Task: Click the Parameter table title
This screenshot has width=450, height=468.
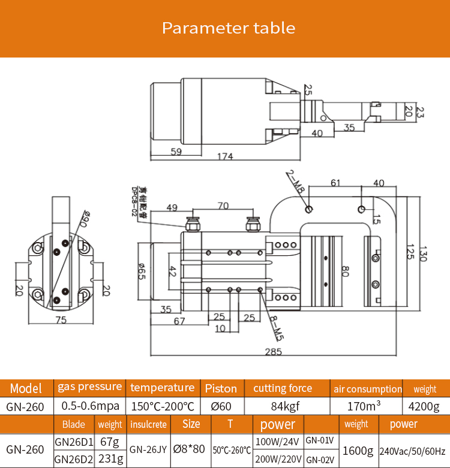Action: click(229, 28)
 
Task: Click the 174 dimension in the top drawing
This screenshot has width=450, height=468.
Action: click(225, 156)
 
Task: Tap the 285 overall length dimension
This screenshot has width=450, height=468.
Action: click(273, 352)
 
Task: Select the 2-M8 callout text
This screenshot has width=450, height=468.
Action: click(295, 182)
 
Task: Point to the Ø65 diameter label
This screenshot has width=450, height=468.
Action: click(142, 273)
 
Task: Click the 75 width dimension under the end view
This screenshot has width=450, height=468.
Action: click(61, 321)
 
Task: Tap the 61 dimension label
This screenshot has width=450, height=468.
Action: click(335, 183)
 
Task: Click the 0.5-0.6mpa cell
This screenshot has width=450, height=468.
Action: click(90, 406)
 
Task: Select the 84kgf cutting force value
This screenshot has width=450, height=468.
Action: click(283, 406)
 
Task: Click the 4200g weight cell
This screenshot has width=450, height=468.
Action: click(424, 406)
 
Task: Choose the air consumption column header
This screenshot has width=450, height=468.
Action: click(367, 389)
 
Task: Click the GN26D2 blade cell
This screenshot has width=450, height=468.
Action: click(73, 459)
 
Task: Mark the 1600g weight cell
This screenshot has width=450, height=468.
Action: click(358, 451)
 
